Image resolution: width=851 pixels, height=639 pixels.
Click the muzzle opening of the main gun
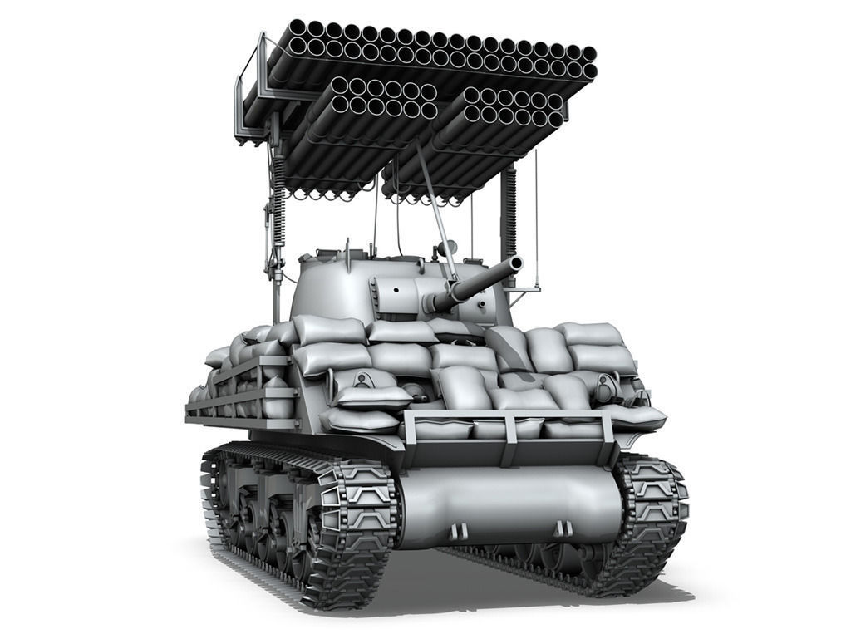pos(515,264)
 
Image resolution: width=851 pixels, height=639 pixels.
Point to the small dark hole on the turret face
pos(396,289)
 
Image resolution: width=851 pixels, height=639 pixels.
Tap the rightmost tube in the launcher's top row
pos(588,55)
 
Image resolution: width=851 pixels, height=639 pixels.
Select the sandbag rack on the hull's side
pos(241,391)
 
